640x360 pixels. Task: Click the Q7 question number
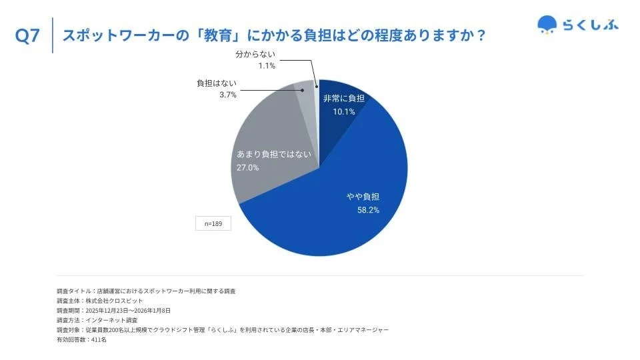click(x=28, y=36)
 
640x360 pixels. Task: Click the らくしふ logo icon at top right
click(x=547, y=25)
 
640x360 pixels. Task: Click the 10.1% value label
click(x=344, y=111)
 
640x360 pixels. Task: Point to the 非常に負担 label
click(x=344, y=99)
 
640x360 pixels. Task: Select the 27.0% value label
click(x=248, y=167)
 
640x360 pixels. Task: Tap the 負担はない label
click(x=217, y=83)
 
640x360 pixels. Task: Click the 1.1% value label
click(x=267, y=65)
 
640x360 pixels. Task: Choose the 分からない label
click(x=255, y=53)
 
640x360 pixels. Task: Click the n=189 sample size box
click(x=213, y=224)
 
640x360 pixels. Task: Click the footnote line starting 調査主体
click(x=100, y=301)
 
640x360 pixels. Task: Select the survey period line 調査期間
click(x=114, y=311)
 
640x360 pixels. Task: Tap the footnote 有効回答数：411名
click(x=81, y=340)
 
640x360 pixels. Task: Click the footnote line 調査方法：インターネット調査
click(x=100, y=321)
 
